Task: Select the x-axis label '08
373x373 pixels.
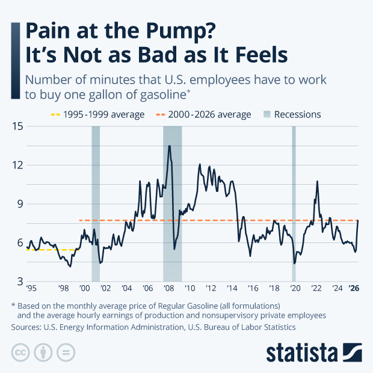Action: (169, 288)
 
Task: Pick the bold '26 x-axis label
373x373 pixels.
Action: (355, 288)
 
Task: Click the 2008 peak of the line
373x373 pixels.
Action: (170, 146)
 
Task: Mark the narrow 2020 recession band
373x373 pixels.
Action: (294, 205)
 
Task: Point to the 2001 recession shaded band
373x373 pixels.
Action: (96, 205)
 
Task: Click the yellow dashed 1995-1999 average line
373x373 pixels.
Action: (51, 250)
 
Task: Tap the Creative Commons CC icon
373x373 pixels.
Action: (20, 351)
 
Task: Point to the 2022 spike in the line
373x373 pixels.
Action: (317, 181)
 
